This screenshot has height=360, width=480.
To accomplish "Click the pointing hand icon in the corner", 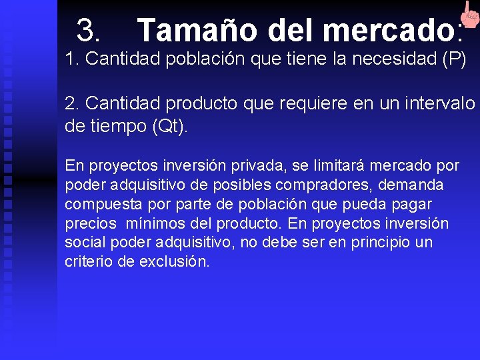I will (468, 15).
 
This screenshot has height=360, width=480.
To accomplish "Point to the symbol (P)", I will (455, 59).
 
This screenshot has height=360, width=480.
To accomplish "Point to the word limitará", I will (331, 165).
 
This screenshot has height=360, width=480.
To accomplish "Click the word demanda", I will (418, 184).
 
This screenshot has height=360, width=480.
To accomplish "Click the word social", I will (82, 242).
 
